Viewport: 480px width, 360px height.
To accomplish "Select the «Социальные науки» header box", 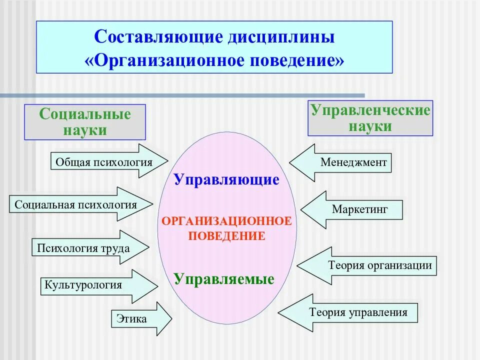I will click(85, 121).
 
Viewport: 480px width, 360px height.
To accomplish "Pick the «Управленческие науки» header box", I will click(370, 118).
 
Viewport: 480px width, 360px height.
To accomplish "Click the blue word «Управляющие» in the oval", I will click(226, 180).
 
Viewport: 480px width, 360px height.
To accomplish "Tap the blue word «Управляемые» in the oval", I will click(224, 279).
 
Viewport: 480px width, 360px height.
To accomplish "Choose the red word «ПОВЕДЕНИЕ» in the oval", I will click(226, 236).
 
